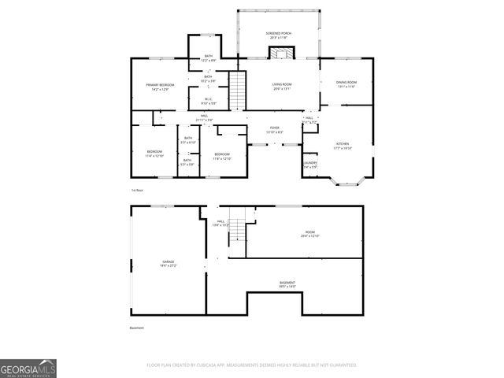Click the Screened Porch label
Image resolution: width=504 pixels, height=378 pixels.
click(279, 35)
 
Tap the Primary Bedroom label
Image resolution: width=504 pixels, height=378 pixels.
click(158, 87)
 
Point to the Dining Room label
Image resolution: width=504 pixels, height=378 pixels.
click(346, 84)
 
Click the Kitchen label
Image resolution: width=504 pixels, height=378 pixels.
click(342, 146)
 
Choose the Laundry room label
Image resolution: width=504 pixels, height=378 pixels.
click(309, 165)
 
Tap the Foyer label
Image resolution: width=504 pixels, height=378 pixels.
click(274, 130)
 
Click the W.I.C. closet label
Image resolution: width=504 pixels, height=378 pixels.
click(208, 101)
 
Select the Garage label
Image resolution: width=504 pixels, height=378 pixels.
click(169, 263)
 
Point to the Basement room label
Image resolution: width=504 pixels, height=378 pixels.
click(287, 284)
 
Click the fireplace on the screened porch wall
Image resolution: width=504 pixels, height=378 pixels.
click(280, 53)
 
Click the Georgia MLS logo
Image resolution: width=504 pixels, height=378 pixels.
click(28, 368)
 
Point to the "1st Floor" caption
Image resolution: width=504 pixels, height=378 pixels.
click(137, 191)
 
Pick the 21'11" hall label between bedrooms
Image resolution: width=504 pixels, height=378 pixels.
click(204, 117)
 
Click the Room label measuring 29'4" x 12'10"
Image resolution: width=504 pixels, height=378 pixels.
click(309, 234)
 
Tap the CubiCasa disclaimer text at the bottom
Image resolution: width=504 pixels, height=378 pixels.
click(251, 365)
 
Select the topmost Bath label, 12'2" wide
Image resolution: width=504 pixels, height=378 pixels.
click(208, 57)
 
